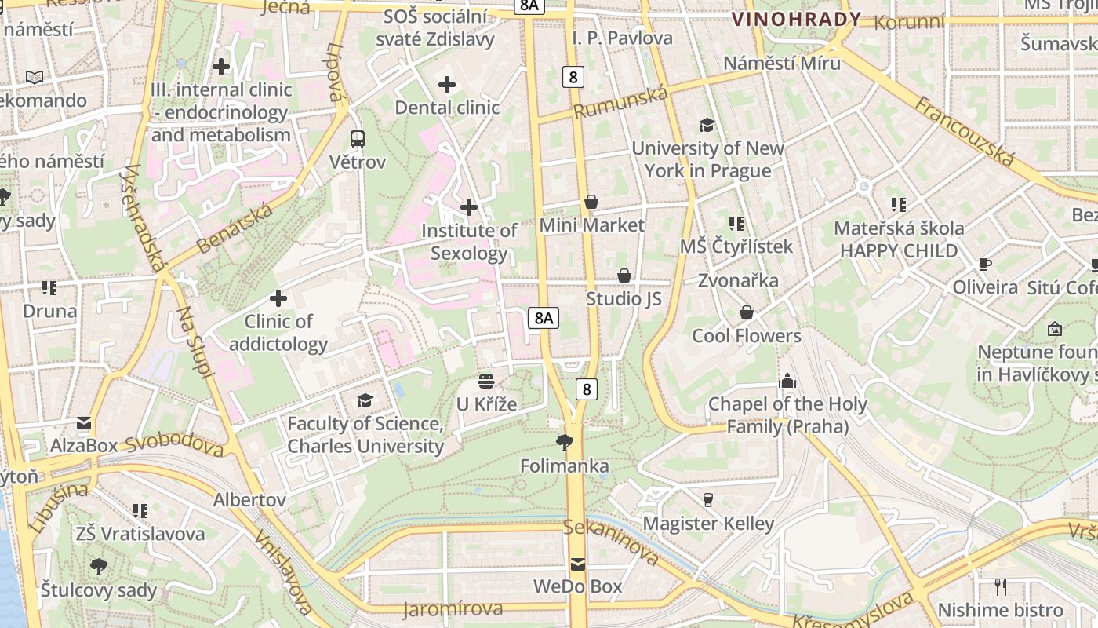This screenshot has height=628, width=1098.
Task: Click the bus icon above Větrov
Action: [x=358, y=139]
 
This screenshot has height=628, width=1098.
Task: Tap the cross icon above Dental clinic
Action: [x=447, y=84]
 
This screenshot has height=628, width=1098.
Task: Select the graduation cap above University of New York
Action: [x=707, y=125]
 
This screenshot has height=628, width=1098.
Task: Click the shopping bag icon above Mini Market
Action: [x=591, y=202]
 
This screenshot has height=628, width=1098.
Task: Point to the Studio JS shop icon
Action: [x=624, y=276]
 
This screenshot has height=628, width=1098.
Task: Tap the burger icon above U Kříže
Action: [x=486, y=382]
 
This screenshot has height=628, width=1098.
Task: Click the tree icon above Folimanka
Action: [x=564, y=443]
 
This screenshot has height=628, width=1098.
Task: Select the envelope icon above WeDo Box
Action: [x=578, y=564]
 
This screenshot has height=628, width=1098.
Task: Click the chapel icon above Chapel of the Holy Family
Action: [x=787, y=382]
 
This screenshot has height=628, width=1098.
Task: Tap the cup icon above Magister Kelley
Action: [x=708, y=500]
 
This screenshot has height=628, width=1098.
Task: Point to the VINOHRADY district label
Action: [x=796, y=19]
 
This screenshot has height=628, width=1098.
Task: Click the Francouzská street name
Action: [x=965, y=131]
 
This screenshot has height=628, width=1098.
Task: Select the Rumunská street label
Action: [x=620, y=103]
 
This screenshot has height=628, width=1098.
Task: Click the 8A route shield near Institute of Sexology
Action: [x=544, y=318]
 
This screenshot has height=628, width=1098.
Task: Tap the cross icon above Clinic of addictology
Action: [x=278, y=298]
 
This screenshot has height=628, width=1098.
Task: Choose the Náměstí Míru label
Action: [x=781, y=63]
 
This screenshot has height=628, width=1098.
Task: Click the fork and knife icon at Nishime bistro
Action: [x=1000, y=586]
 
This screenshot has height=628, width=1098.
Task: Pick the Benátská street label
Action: [x=234, y=228]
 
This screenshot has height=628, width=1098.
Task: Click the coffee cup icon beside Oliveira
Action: [x=985, y=264]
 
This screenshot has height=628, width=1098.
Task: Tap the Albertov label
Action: [x=249, y=499]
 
